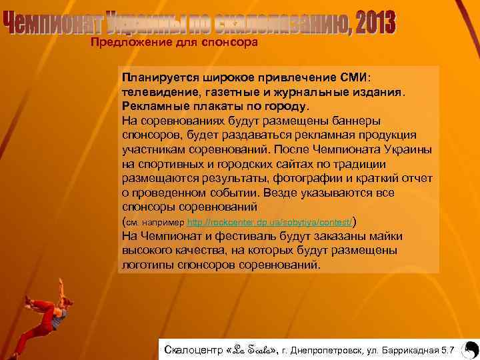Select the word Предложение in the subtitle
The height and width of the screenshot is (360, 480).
pos(124,43)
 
